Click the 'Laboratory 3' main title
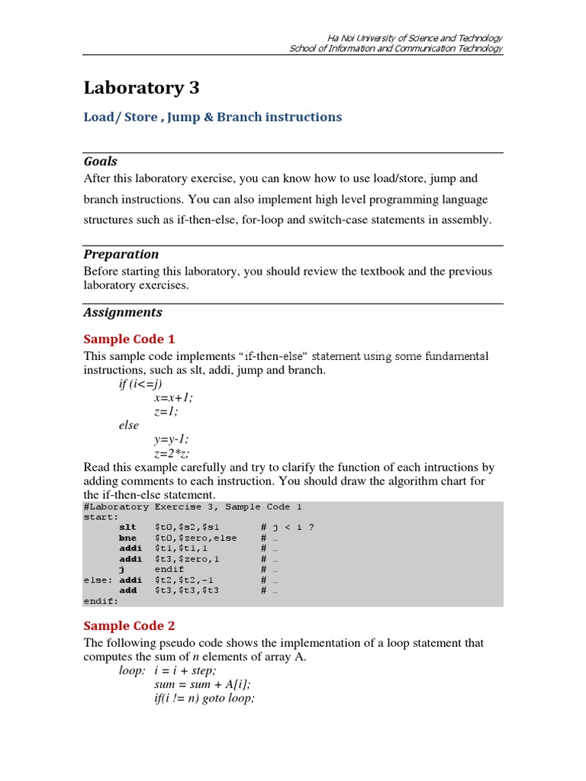[141, 88]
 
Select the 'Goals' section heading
[100, 161]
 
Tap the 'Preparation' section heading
[121, 254]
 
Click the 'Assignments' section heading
[122, 312]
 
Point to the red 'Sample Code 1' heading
[129, 339]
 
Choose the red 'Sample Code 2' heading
[129, 625]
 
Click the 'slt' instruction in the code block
[127, 527]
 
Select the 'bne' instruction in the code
[127, 538]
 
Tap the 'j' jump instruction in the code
[121, 569]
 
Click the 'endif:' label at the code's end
[101, 600]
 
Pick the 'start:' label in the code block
[101, 516]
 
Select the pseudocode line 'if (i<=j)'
[140, 384]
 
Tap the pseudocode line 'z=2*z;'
[172, 453]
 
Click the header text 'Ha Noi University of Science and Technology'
[414, 38]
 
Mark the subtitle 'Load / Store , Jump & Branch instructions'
[212, 117]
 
